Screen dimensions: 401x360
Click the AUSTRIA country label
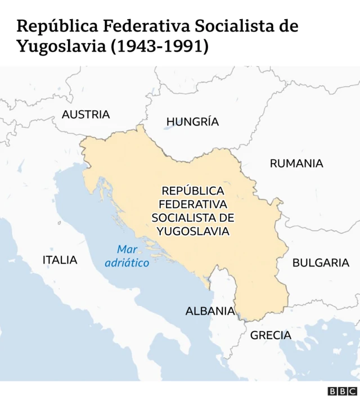click(x=85, y=115)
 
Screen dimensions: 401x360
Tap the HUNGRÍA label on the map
click(x=192, y=122)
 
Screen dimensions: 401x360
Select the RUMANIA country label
click(x=296, y=164)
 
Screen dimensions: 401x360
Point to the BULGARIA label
click(x=321, y=263)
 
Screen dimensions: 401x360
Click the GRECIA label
click(x=271, y=336)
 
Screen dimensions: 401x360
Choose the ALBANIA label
click(x=210, y=311)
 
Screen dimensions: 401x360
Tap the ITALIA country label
click(x=60, y=260)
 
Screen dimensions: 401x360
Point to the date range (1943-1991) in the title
click(x=160, y=46)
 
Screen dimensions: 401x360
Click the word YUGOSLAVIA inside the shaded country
click(x=193, y=231)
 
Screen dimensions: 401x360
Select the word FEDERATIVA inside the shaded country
click(x=193, y=204)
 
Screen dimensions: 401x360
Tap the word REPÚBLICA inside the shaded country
click(x=193, y=191)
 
